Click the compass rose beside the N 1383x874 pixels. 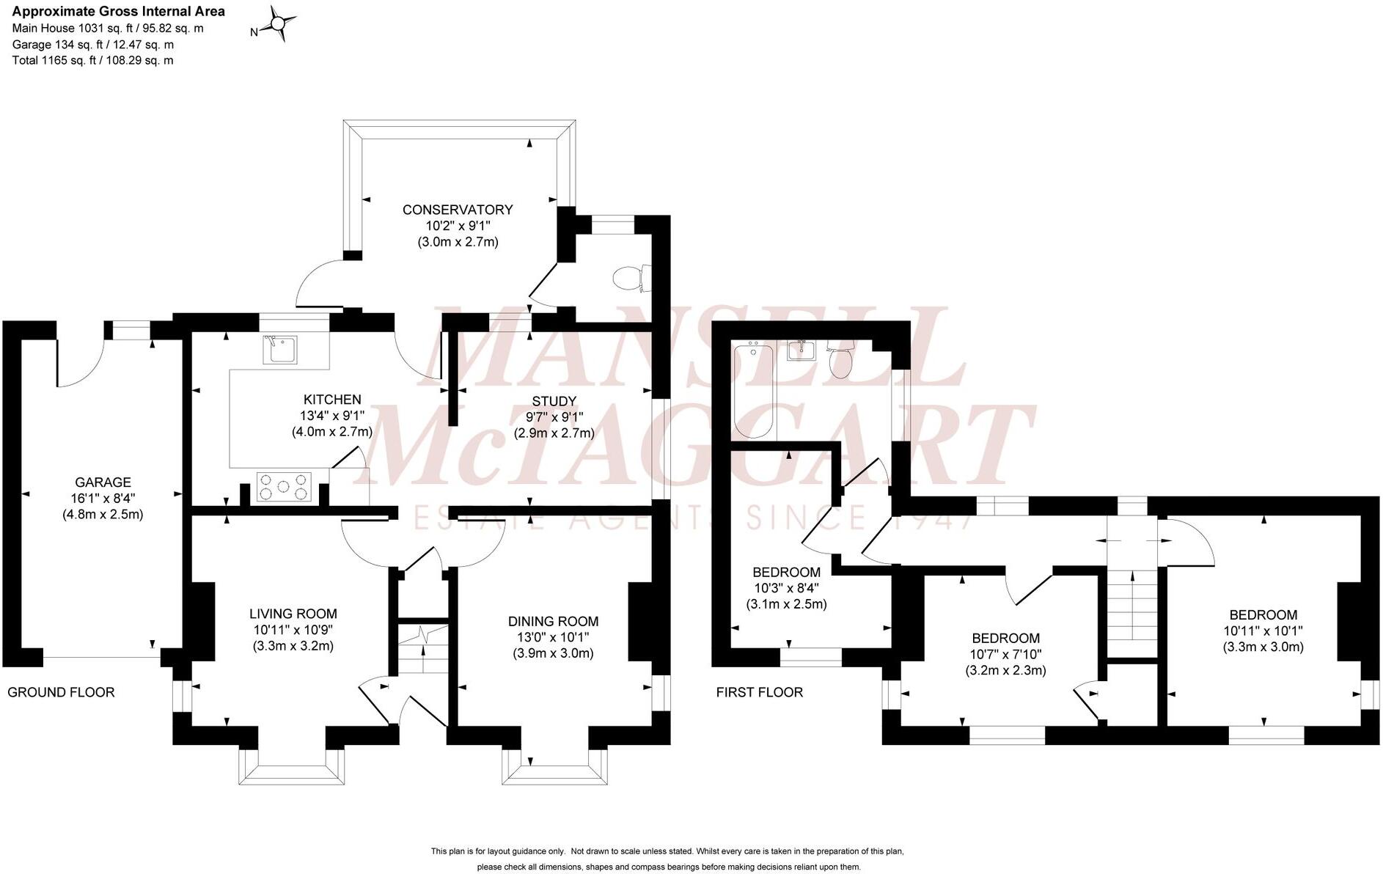click(279, 24)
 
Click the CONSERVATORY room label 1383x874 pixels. click(457, 210)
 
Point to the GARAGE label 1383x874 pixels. click(103, 482)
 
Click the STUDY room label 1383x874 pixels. click(554, 401)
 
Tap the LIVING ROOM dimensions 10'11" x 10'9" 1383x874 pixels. click(293, 630)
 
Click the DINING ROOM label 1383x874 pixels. click(553, 622)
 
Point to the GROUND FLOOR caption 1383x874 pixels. click(61, 692)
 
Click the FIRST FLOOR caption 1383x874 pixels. click(759, 692)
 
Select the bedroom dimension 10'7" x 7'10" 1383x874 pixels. click(1005, 654)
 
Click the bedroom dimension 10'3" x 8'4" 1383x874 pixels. click(786, 588)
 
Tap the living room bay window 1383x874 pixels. click(291, 768)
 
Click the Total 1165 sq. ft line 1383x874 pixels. click(93, 61)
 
